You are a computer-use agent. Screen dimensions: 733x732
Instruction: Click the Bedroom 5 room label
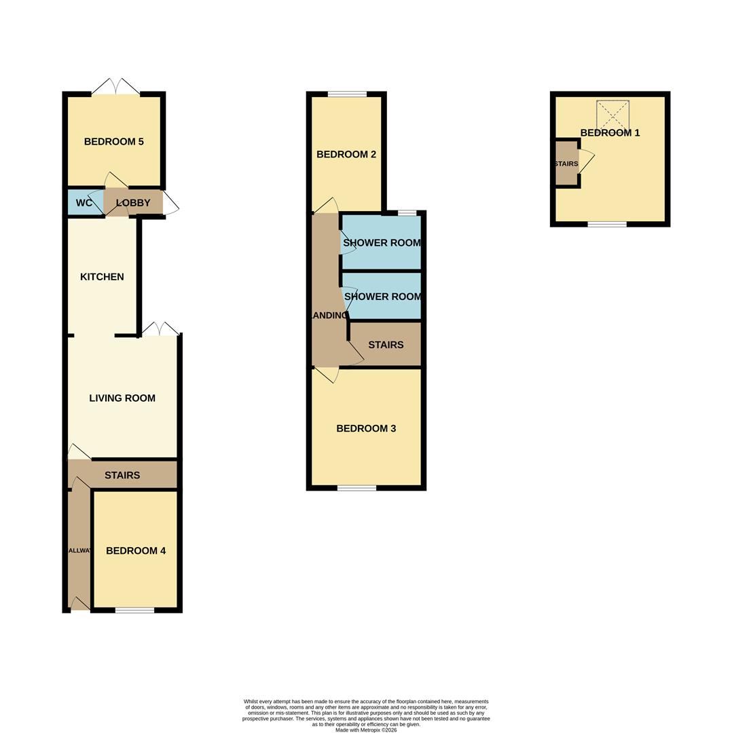point(113,142)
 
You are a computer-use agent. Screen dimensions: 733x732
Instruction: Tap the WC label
point(84,203)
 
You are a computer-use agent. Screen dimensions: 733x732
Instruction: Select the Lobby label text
point(133,203)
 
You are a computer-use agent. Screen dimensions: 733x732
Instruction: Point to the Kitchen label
point(102,277)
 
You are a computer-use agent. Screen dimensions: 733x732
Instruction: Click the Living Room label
point(122,398)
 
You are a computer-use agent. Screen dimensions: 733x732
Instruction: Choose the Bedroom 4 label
point(136,551)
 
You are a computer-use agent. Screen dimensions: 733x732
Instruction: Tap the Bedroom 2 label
point(346,155)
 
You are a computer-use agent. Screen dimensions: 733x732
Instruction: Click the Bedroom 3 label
point(366,429)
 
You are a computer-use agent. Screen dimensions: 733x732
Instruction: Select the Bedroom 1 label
point(610,133)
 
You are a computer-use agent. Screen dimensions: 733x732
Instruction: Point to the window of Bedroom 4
point(134,610)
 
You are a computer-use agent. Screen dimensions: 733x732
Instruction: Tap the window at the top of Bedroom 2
point(347,94)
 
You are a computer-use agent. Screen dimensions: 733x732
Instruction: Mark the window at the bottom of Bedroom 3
point(356,487)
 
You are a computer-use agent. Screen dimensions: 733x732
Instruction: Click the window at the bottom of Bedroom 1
point(607,224)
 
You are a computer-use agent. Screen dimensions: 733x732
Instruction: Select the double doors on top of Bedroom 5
point(116,88)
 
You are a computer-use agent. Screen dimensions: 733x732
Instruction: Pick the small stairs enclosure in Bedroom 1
point(566,164)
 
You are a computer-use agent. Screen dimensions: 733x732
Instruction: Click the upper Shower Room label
point(382,243)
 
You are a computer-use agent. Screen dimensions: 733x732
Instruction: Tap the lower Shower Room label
point(382,297)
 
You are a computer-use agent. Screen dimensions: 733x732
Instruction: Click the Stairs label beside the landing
point(386,345)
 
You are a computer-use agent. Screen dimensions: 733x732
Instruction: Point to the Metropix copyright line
point(366,730)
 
